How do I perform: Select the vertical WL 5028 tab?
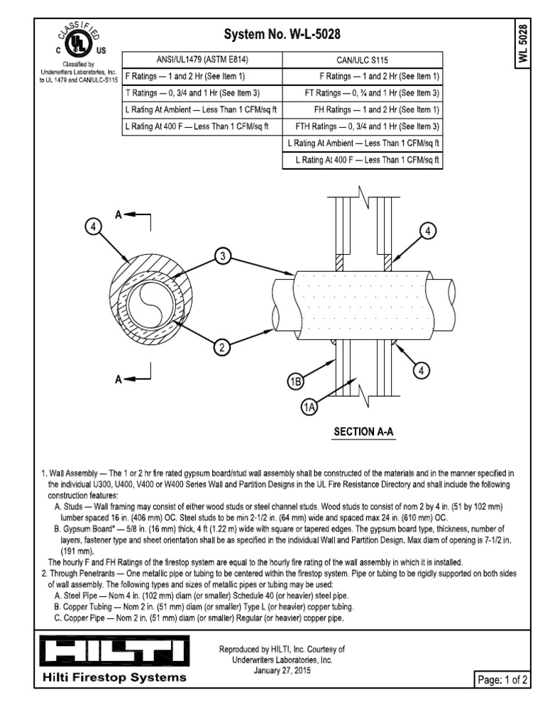pyautogui.click(x=523, y=44)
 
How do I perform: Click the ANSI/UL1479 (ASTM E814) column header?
pyautogui.click(x=202, y=60)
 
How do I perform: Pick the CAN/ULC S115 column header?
pyautogui.click(x=362, y=60)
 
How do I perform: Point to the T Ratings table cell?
pyautogui.click(x=202, y=93)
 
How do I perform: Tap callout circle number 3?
pyautogui.click(x=224, y=257)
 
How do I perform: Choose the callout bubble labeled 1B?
pyautogui.click(x=296, y=383)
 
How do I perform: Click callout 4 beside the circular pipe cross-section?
pyautogui.click(x=92, y=227)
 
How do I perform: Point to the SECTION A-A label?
pyautogui.click(x=364, y=432)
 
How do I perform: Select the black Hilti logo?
pyautogui.click(x=111, y=652)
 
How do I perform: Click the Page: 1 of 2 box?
pyautogui.click(x=502, y=679)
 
